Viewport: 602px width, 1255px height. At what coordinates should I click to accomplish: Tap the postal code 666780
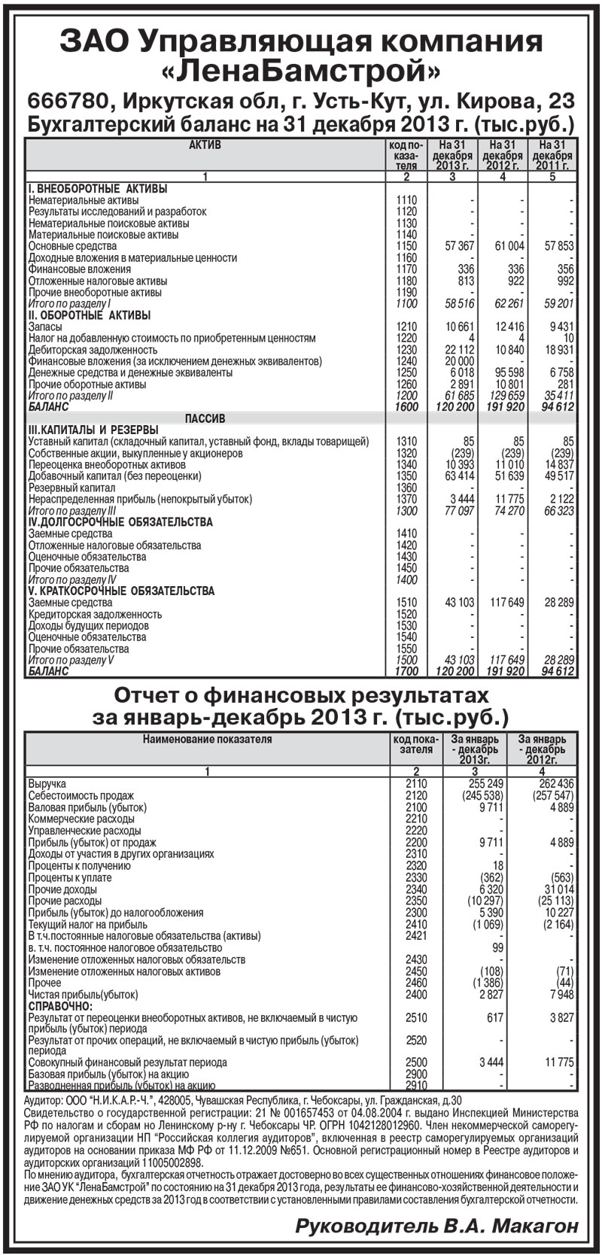69,101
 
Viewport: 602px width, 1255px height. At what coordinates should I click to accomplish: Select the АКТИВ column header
205,144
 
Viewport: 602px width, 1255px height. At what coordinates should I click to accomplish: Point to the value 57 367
460,246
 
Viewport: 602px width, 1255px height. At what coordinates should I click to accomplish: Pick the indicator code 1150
406,246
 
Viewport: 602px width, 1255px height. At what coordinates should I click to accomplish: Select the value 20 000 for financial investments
460,361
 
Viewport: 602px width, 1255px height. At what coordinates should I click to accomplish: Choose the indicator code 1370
406,499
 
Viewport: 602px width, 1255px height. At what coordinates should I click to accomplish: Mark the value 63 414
460,476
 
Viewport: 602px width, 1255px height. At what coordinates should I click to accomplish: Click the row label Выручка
47,784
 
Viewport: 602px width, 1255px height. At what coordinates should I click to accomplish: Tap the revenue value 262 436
556,784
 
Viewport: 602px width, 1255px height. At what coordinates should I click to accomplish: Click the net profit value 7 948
561,994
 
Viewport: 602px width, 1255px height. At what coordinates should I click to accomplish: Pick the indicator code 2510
415,1018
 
